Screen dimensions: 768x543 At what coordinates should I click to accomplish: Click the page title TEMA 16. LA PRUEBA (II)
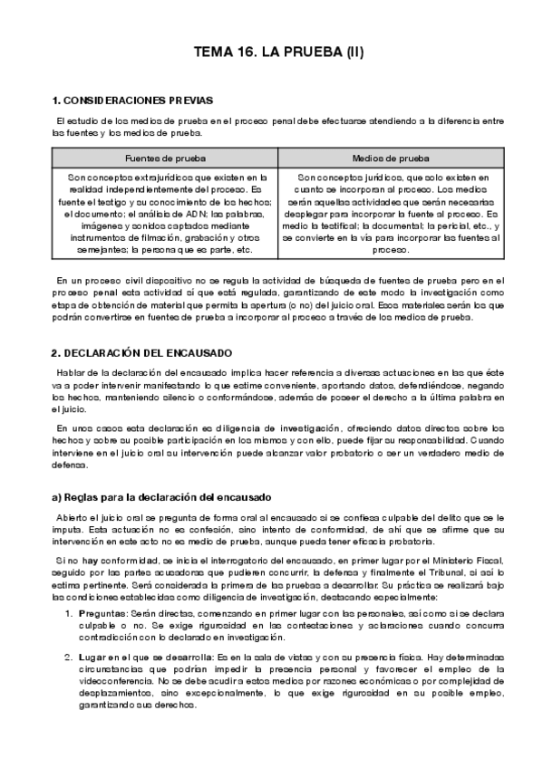(279, 53)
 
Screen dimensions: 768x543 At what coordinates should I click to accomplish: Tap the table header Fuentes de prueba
(165, 156)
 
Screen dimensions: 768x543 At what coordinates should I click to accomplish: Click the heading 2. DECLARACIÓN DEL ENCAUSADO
(142, 351)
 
